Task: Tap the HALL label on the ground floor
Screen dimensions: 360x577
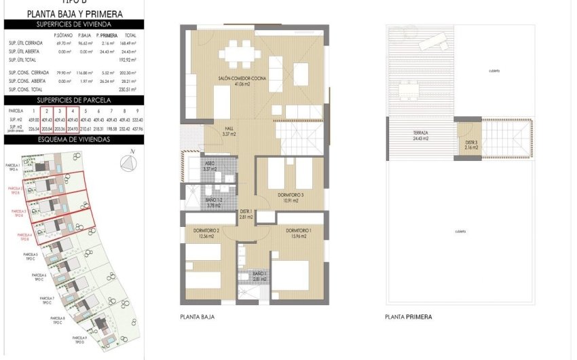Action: [x=229, y=131]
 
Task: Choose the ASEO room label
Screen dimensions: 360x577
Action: [x=210, y=166]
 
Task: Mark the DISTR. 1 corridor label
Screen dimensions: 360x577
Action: [x=246, y=214]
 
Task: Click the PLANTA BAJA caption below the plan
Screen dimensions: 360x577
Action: [x=198, y=317]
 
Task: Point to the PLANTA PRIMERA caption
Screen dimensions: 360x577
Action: [x=408, y=317]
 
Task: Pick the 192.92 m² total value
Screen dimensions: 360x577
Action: [x=128, y=60]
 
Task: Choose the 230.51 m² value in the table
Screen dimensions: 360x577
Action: [x=128, y=89]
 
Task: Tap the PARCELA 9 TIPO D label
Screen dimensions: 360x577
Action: [x=78, y=339]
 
